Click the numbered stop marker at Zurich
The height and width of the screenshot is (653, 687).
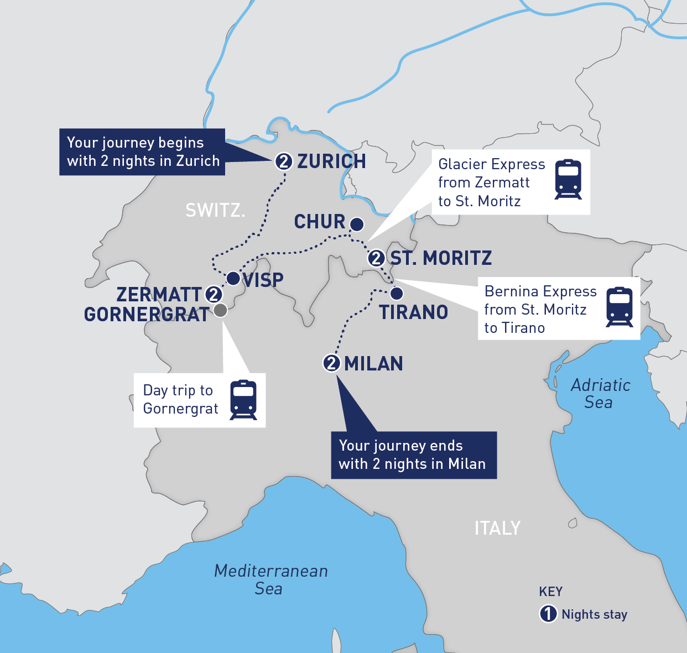coord(283,161)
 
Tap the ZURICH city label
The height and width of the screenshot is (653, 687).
coord(331,161)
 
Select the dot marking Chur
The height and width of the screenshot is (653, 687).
coord(357,224)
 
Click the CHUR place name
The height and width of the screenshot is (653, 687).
coord(320,222)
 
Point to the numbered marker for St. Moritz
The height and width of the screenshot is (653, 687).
coord(376,258)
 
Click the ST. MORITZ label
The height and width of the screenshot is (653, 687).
coord(441,258)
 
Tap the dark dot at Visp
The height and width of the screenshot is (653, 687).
coord(233,278)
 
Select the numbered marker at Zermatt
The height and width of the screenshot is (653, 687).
coord(214,294)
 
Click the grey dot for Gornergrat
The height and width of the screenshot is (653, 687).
coord(220,310)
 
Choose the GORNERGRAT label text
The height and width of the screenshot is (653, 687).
coord(147,315)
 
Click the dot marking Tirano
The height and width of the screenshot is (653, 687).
coord(397,292)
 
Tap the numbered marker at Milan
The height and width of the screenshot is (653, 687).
coord(331,363)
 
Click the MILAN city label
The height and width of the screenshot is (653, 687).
coord(373,364)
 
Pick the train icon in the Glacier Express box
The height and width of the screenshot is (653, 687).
coord(568,179)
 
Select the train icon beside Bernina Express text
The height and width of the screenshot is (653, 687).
coord(620,307)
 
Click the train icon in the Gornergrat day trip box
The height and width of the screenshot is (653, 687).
coord(243,400)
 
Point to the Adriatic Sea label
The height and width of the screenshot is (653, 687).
coord(600,394)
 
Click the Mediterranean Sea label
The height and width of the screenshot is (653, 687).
coord(270,579)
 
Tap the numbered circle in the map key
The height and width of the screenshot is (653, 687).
coord(548,614)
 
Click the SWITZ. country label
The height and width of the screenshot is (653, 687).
coord(215,210)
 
